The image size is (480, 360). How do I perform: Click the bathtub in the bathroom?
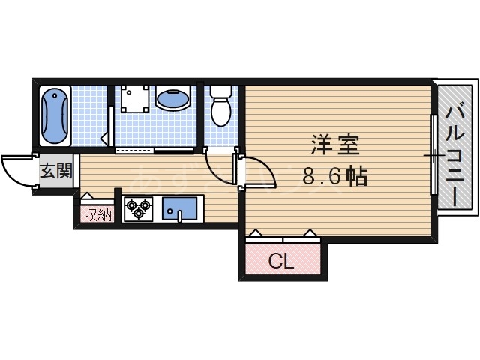[x=55, y=116]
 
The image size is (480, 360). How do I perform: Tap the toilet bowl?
[x=220, y=112]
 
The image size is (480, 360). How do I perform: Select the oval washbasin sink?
[x=172, y=99]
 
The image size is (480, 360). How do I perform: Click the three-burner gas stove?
[x=138, y=208]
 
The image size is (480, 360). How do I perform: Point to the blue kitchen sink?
[x=181, y=208]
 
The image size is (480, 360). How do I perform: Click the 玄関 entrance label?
[x=55, y=172]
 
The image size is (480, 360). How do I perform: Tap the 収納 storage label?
[x=97, y=216]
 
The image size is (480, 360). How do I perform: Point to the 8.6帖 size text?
[x=334, y=177]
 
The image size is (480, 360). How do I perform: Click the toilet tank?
[x=220, y=91]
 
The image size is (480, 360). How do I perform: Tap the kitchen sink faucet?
[x=180, y=217]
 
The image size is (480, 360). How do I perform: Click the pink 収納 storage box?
[x=97, y=215]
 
